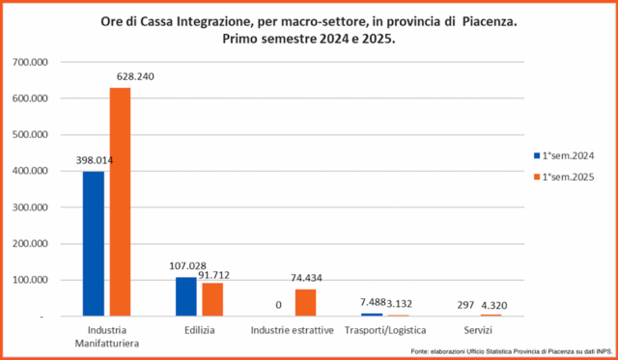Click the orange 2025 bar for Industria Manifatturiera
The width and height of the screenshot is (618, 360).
click(x=120, y=202)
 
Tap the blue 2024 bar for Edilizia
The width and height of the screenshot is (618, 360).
click(x=186, y=296)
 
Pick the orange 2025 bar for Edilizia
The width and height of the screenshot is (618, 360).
click(x=212, y=299)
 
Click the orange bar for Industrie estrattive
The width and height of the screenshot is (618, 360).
click(x=305, y=302)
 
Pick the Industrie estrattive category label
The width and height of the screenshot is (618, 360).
click(x=292, y=330)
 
